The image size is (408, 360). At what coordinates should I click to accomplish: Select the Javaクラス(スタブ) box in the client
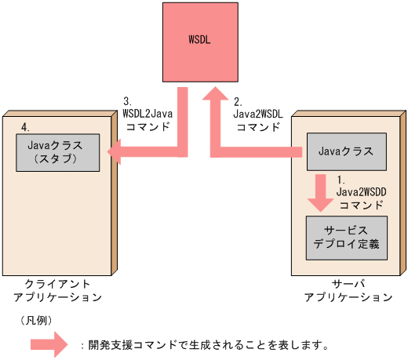[x=58, y=151]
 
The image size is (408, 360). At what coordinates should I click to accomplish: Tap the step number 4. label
[x=26, y=125]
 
